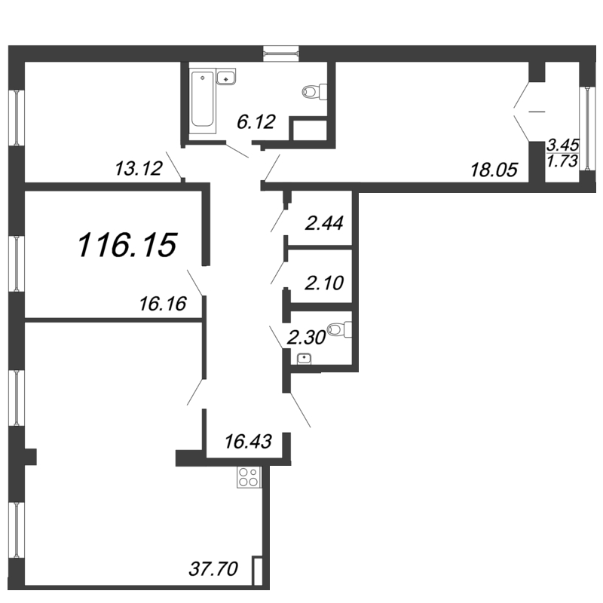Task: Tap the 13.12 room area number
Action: (139, 168)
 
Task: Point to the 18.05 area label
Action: (494, 170)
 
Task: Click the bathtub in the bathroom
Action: (202, 99)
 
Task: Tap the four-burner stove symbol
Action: (249, 476)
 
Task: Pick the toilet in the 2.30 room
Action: (341, 329)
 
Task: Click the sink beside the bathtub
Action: (226, 77)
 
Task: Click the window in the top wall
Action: (281, 53)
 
